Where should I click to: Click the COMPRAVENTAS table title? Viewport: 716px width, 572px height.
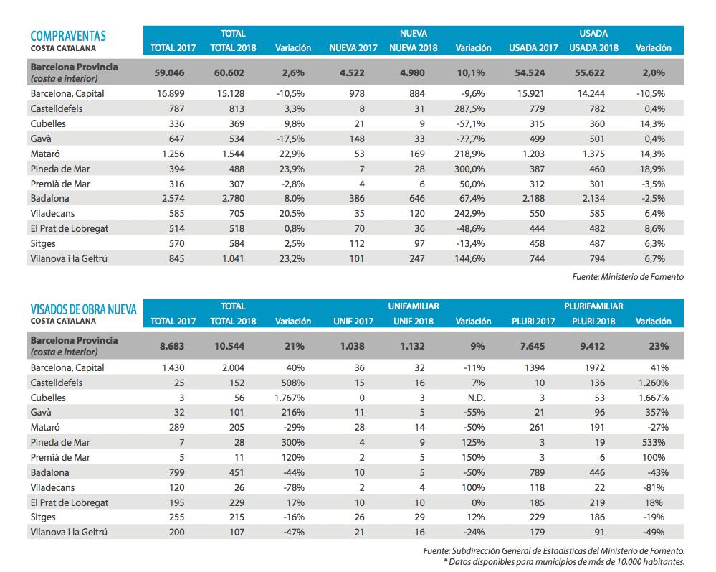[68, 36]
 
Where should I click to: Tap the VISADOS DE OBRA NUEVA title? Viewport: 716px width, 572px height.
[83, 309]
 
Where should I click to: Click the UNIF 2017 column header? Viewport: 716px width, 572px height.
[353, 322]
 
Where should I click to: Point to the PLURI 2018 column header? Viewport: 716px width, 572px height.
[593, 322]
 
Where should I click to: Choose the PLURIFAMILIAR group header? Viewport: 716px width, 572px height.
[593, 306]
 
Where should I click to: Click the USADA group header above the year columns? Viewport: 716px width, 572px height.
[593, 33]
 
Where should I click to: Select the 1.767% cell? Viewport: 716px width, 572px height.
[293, 398]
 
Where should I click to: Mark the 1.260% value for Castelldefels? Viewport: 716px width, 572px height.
[653, 383]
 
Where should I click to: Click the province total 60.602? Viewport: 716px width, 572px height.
[229, 72]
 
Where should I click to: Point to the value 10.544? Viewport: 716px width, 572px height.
[229, 346]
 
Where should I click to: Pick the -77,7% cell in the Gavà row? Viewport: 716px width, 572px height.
[473, 139]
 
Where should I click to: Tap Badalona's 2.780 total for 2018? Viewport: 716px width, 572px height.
[229, 199]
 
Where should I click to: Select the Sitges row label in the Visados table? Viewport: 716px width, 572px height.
[43, 517]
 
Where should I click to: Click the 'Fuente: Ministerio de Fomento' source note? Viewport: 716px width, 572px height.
[628, 277]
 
